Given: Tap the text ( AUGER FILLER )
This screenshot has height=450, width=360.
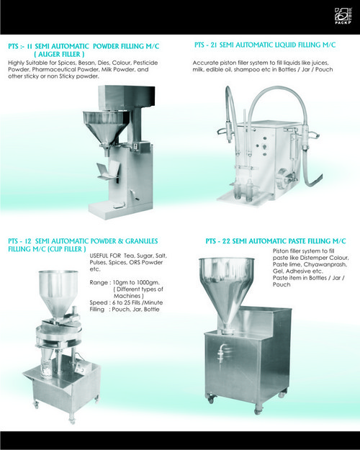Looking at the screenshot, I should (x=59, y=54).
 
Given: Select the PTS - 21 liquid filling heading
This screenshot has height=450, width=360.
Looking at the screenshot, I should (x=265, y=45).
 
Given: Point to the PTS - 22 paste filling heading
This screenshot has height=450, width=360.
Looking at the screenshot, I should (x=275, y=240).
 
